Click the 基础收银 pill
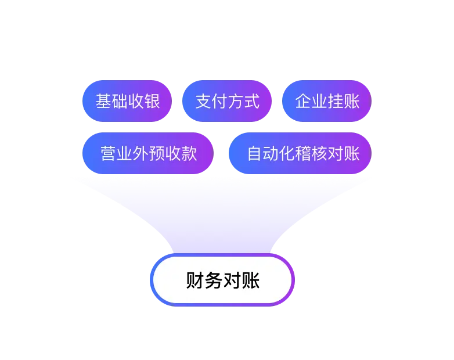point(127,101)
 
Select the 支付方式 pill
point(227,101)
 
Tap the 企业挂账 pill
point(327,101)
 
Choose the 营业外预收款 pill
point(148,153)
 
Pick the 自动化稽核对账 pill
point(300,153)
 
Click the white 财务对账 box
point(222,280)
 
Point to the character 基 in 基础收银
point(103,101)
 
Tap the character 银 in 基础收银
point(152,101)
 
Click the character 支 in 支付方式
point(203,101)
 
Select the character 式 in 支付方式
point(251,101)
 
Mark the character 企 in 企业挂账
point(303,101)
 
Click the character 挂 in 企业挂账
point(336,101)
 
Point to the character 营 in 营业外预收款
point(109,153)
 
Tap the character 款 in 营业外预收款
point(189,153)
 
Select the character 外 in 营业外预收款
point(140,153)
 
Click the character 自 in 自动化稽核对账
point(254,153)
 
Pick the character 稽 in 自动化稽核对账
point(303,153)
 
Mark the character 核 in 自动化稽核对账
point(319,153)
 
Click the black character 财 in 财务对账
point(195,280)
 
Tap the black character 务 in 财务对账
point(214,280)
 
